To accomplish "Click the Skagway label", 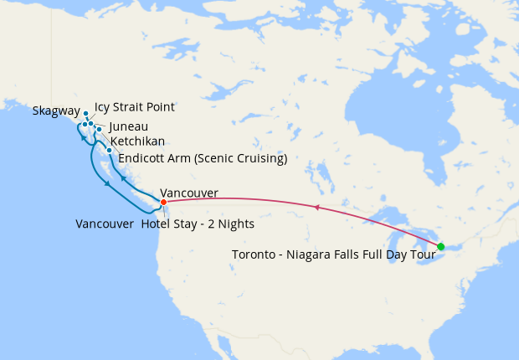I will click(x=56, y=111).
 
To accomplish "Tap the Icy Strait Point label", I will click(x=134, y=107).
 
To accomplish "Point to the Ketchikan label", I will click(x=137, y=141).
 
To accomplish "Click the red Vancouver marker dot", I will click(x=163, y=202).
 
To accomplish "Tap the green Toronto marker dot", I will click(x=441, y=246).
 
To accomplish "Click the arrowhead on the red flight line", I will click(x=316, y=206).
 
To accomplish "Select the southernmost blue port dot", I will click(x=110, y=151).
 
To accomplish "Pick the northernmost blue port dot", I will click(x=85, y=113).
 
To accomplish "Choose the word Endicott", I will click(x=143, y=158).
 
